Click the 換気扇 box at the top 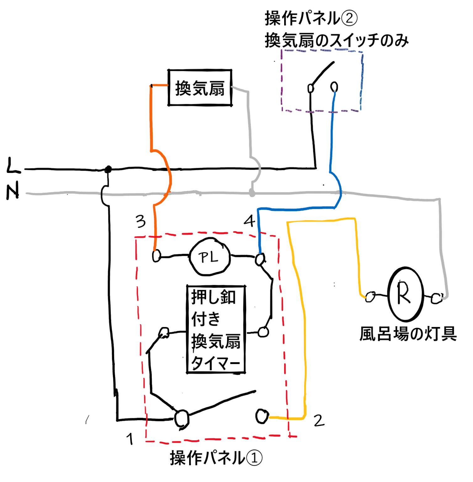pos(200,88)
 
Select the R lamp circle pos(406,294)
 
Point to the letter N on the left pos(13,190)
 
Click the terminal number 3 pos(141,222)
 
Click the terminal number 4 pos(249,221)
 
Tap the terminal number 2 pos(319,420)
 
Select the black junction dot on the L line pos(108,169)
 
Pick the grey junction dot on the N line pos(252,194)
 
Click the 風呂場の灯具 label pos(408,334)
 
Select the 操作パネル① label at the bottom pos(216,458)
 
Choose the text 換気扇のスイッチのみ pos(337,40)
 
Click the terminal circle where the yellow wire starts pos(262,416)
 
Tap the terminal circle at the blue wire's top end pos(334,86)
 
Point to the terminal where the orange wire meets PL pos(156,256)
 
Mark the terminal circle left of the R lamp pos(370,297)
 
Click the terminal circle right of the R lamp pos(436,298)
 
